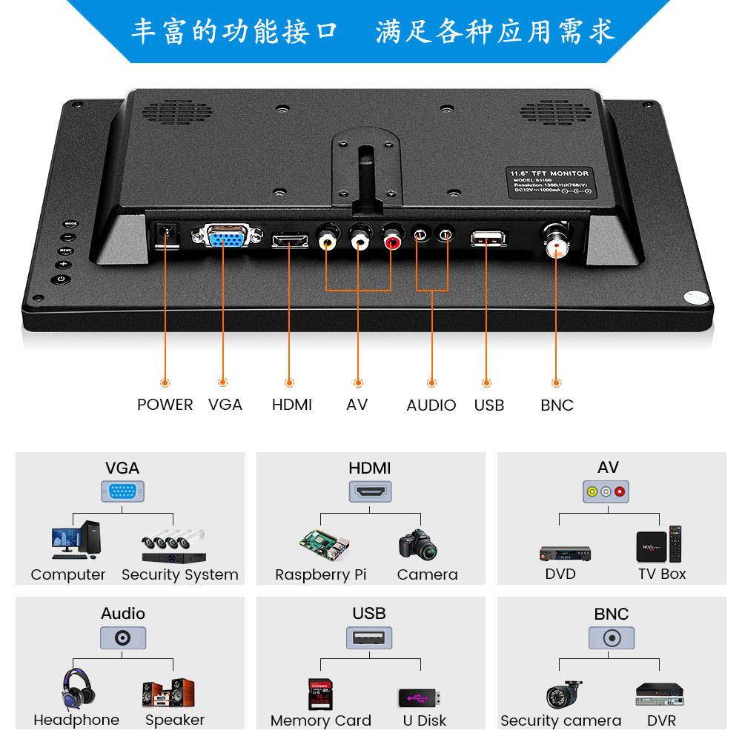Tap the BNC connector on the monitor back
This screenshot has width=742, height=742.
[x=554, y=239]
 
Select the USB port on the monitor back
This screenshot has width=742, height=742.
[x=487, y=239]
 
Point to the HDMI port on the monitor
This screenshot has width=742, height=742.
[x=291, y=241]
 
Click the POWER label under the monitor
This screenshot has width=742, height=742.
[x=165, y=405]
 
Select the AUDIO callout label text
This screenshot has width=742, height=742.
[x=431, y=405]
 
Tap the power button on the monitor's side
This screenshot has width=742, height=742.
[x=61, y=279]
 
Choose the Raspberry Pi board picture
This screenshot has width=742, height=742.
[x=323, y=546]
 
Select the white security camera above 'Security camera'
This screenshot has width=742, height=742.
[x=563, y=694]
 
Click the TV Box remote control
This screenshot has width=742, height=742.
[x=675, y=543]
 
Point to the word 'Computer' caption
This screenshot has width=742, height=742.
[x=68, y=574]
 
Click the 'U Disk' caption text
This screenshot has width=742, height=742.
[x=424, y=721]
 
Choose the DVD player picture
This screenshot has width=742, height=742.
[x=564, y=553]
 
